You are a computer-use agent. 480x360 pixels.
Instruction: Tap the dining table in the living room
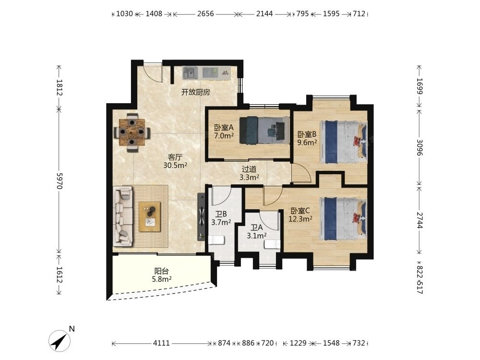click(x=132, y=132)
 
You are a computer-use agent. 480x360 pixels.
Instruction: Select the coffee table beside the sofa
click(x=150, y=216)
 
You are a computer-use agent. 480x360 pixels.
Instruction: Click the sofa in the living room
click(x=123, y=216)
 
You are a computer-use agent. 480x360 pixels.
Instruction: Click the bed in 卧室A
click(x=264, y=131)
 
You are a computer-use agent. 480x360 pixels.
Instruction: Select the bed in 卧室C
click(x=344, y=219)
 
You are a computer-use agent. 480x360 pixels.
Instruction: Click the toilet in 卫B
click(x=216, y=240)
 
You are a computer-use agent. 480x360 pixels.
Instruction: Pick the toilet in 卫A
click(x=272, y=244)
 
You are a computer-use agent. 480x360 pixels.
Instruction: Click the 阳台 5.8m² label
click(x=162, y=275)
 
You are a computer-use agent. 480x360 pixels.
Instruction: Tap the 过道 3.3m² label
click(x=249, y=173)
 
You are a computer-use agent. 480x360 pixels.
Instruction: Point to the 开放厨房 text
click(x=196, y=92)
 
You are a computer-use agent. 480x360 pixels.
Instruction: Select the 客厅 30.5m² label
click(x=175, y=161)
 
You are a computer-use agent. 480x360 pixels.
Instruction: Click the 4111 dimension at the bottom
click(x=161, y=343)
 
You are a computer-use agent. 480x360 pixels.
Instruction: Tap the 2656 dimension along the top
click(x=205, y=14)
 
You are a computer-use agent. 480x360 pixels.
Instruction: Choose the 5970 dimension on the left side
click(x=60, y=181)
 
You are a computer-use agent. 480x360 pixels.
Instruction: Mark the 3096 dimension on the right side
click(x=420, y=147)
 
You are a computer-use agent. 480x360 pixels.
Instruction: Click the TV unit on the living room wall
click(x=201, y=217)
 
